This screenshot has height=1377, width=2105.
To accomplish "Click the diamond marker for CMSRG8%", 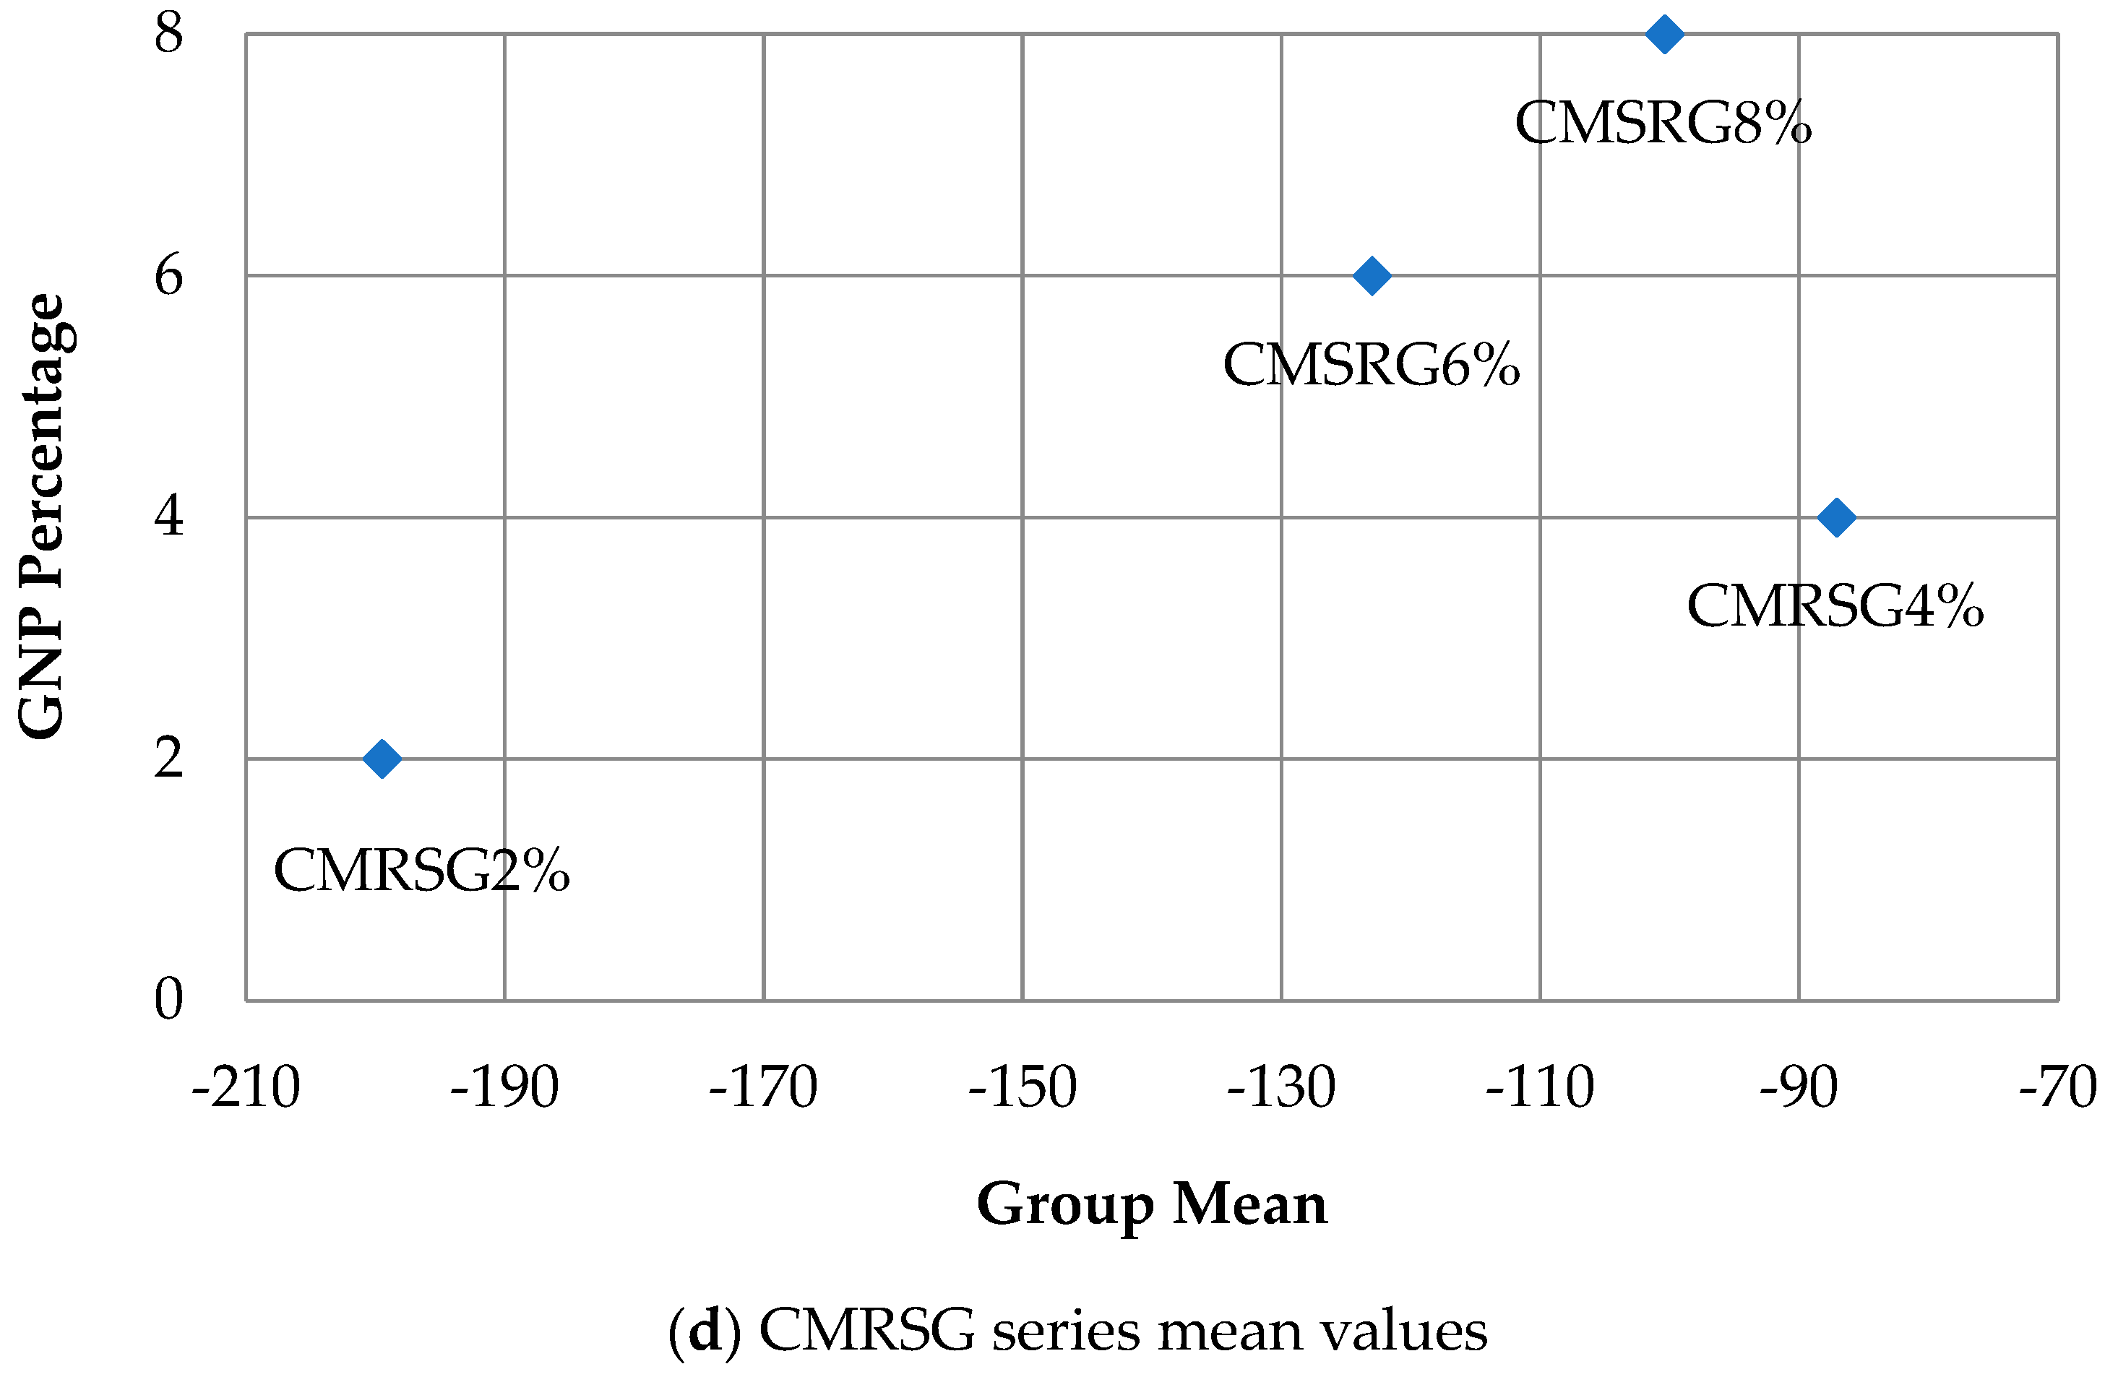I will [x=1663, y=35].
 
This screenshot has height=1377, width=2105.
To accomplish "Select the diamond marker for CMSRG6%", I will [x=1372, y=276].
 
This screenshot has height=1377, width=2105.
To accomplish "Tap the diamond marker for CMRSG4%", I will [x=1836, y=517].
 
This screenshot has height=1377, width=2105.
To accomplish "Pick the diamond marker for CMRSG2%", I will [x=382, y=759].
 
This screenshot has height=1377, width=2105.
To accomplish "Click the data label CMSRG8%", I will [x=1663, y=123].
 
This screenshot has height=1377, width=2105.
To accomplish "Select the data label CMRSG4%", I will [x=1835, y=607].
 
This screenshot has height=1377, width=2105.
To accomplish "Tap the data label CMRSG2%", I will [x=421, y=871].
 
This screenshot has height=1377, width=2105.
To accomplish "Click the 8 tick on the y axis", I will [x=168, y=34].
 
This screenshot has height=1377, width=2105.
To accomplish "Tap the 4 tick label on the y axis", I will [x=168, y=517].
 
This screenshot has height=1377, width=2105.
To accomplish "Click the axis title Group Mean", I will [x=1152, y=1204].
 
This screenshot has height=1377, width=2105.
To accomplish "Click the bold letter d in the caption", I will [x=705, y=1330].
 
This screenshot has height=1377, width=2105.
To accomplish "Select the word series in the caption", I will [x=1066, y=1330].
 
